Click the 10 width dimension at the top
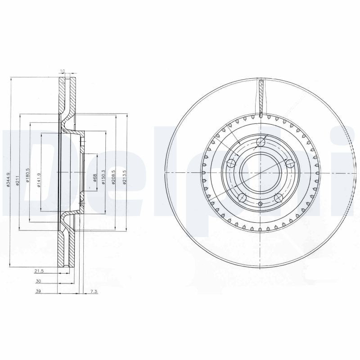click(x=63, y=72)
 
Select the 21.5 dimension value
click(x=40, y=270)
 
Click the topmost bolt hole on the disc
click(x=260, y=144)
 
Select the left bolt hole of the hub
click(x=231, y=163)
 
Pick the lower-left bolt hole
click(x=242, y=197)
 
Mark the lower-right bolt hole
click(x=278, y=198)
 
